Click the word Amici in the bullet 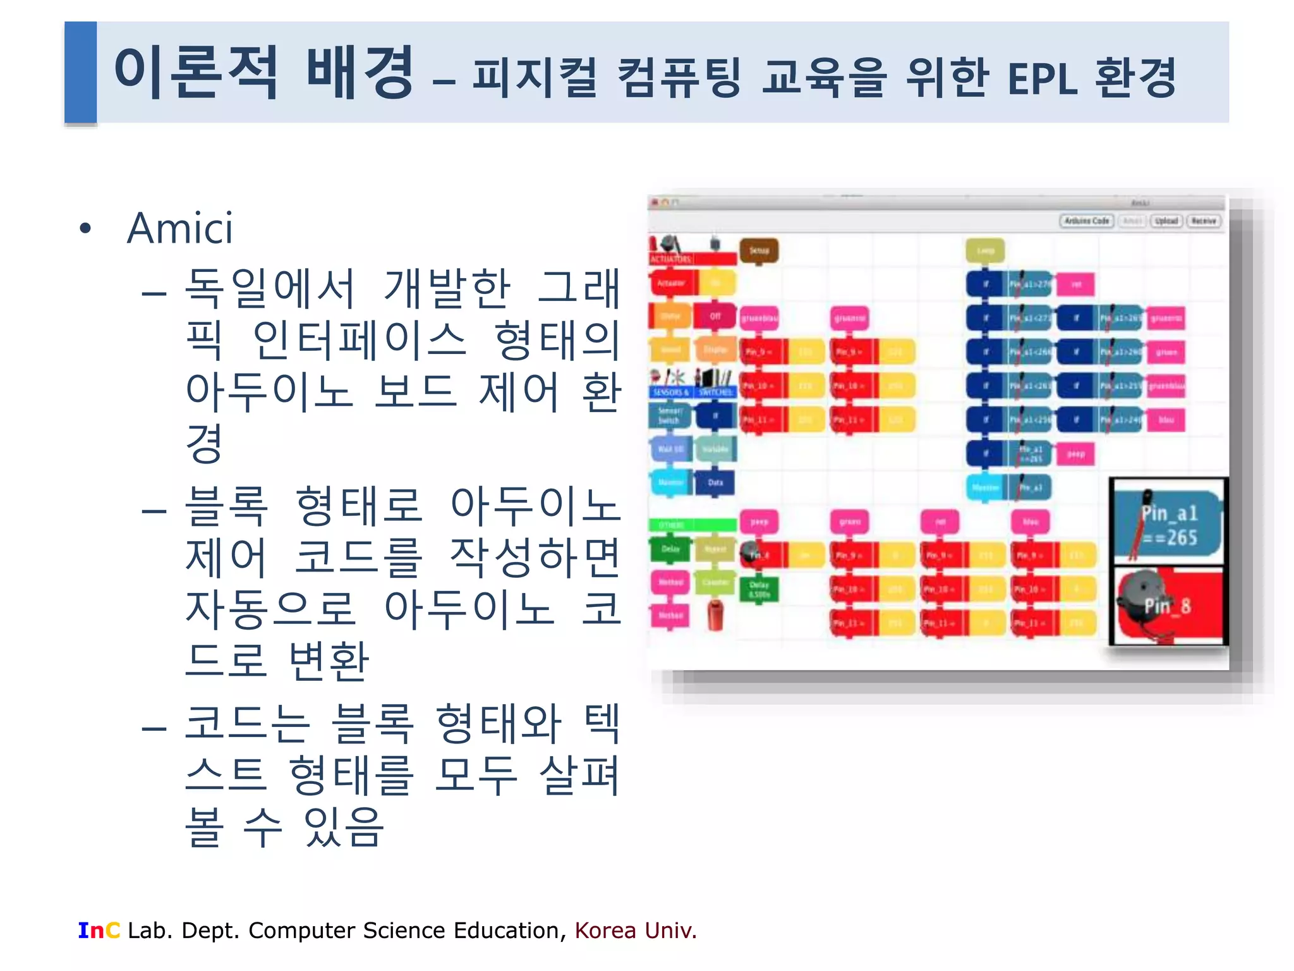(x=180, y=228)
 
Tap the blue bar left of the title (x=80, y=72)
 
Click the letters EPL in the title (x=1042, y=80)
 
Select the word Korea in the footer (x=606, y=931)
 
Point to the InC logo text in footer (x=99, y=931)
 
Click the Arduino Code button (x=1086, y=221)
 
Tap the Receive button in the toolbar (x=1204, y=221)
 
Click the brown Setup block (x=759, y=251)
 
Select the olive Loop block (x=985, y=251)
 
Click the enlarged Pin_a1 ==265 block (x=1168, y=524)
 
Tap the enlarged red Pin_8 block (x=1168, y=606)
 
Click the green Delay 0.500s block (x=759, y=589)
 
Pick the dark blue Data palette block (x=715, y=483)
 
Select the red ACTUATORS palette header (x=692, y=259)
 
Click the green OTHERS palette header (x=692, y=525)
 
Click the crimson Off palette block (x=715, y=316)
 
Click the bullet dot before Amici (x=86, y=228)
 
